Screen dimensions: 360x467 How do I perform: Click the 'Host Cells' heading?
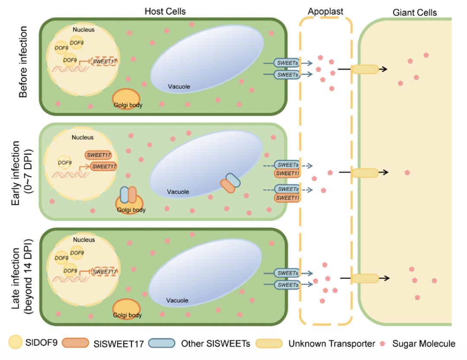pyautogui.click(x=165, y=12)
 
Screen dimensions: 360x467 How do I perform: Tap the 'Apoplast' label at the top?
pyautogui.click(x=325, y=12)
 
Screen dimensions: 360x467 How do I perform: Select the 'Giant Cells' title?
pyautogui.click(x=414, y=13)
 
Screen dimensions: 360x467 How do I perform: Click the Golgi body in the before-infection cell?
pyautogui.click(x=126, y=100)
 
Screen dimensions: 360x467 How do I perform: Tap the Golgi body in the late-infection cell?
pyautogui.click(x=127, y=310)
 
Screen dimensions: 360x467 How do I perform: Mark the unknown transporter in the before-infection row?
pyautogui.click(x=365, y=69)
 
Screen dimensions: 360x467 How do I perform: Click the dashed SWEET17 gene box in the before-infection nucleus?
pyautogui.click(x=103, y=61)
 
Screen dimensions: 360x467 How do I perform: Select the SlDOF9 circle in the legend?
pyautogui.click(x=17, y=343)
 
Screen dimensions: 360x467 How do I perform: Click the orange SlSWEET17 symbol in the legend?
pyautogui.click(x=76, y=344)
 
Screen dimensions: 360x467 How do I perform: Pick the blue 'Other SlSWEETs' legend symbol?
pyautogui.click(x=162, y=344)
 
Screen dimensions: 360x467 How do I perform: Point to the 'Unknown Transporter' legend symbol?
pyautogui.click(x=270, y=344)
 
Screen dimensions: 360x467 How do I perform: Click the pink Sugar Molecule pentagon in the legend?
pyautogui.click(x=382, y=344)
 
